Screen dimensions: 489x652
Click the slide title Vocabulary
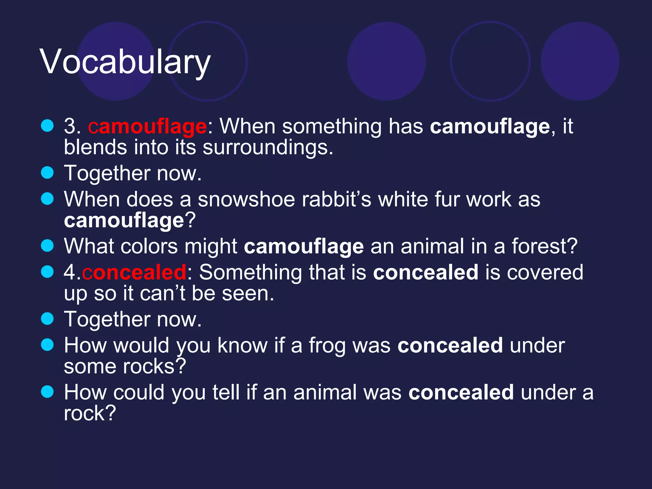tap(125, 62)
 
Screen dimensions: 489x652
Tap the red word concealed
tap(134, 273)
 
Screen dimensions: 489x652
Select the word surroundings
tap(268, 148)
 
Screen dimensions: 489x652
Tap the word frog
tap(327, 346)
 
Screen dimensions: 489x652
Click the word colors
tap(149, 246)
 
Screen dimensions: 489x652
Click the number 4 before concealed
tap(70, 273)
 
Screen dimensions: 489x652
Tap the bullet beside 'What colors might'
tap(47, 246)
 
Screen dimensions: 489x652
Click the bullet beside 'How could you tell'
tap(47, 392)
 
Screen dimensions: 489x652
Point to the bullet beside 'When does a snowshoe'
tap(47, 199)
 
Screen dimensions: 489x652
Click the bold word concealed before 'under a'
tap(461, 393)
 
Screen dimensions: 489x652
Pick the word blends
tap(95, 148)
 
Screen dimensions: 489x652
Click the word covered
tap(545, 273)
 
